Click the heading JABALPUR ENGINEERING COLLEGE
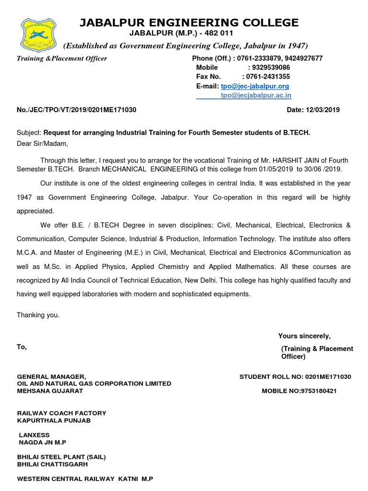click(x=188, y=23)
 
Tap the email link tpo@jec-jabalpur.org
click(x=255, y=86)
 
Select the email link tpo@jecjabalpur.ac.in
click(x=256, y=95)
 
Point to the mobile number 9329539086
click(x=269, y=68)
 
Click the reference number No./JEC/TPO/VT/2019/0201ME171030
click(x=77, y=110)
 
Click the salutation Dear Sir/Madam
click(x=43, y=143)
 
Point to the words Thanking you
click(x=38, y=315)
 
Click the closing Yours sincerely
click(x=304, y=336)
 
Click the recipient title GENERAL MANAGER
click(x=51, y=377)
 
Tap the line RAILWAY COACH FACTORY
click(x=62, y=413)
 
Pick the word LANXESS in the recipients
click(x=34, y=435)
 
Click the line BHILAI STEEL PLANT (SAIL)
click(x=61, y=457)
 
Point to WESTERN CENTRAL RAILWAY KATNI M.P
click(x=85, y=479)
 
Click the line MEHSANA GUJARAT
click(x=50, y=391)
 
